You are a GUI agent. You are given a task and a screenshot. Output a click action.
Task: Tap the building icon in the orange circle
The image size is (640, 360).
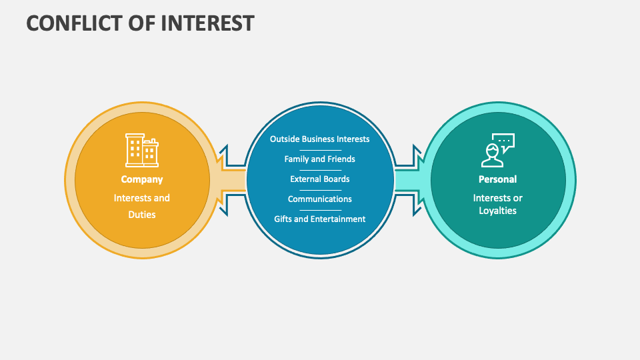tap(141, 150)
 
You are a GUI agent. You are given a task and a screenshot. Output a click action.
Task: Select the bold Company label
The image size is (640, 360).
tap(141, 179)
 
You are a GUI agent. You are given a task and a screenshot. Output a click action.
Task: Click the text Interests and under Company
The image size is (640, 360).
tap(141, 198)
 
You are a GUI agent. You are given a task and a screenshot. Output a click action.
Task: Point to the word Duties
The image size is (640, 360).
tap(141, 215)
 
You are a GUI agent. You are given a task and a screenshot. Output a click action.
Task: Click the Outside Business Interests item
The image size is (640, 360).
tap(319, 139)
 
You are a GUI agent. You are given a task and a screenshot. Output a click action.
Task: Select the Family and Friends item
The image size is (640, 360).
tap(319, 159)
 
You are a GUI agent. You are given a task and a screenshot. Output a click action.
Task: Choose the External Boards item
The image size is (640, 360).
tap(319, 179)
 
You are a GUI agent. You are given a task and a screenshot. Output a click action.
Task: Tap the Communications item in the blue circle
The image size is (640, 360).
tap(319, 199)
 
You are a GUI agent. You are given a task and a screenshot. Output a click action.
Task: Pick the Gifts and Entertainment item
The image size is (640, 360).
tap(319, 219)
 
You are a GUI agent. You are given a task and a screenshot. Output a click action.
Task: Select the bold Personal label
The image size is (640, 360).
tap(497, 179)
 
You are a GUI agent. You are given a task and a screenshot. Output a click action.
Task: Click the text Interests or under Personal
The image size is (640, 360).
tap(497, 198)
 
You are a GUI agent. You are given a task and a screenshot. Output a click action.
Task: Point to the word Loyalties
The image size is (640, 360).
tap(497, 211)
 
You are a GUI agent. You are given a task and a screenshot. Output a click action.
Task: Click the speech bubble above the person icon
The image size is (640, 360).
tap(505, 141)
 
